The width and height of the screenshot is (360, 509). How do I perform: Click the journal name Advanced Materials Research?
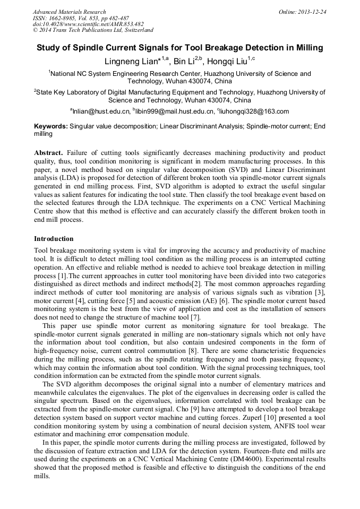[69, 12]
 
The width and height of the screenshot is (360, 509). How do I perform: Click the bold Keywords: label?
[51, 126]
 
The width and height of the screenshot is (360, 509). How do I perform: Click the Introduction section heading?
[54, 239]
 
